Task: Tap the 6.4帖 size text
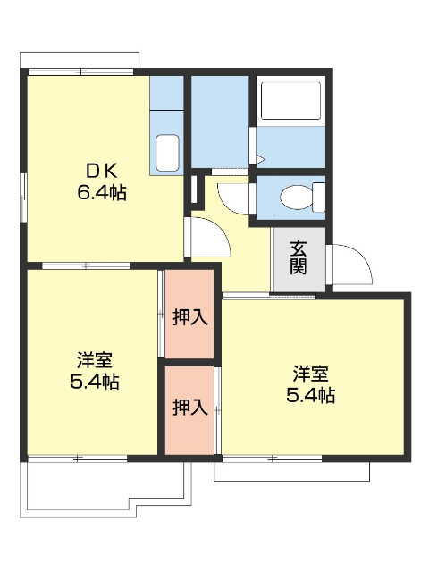(101, 191)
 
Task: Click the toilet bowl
(293, 195)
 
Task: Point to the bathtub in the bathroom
(291, 104)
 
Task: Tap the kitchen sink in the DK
(166, 152)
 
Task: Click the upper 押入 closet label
(189, 316)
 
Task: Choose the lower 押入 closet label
(189, 408)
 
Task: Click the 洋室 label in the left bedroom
(94, 361)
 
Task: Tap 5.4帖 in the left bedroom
(94, 382)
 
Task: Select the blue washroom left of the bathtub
(219, 121)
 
